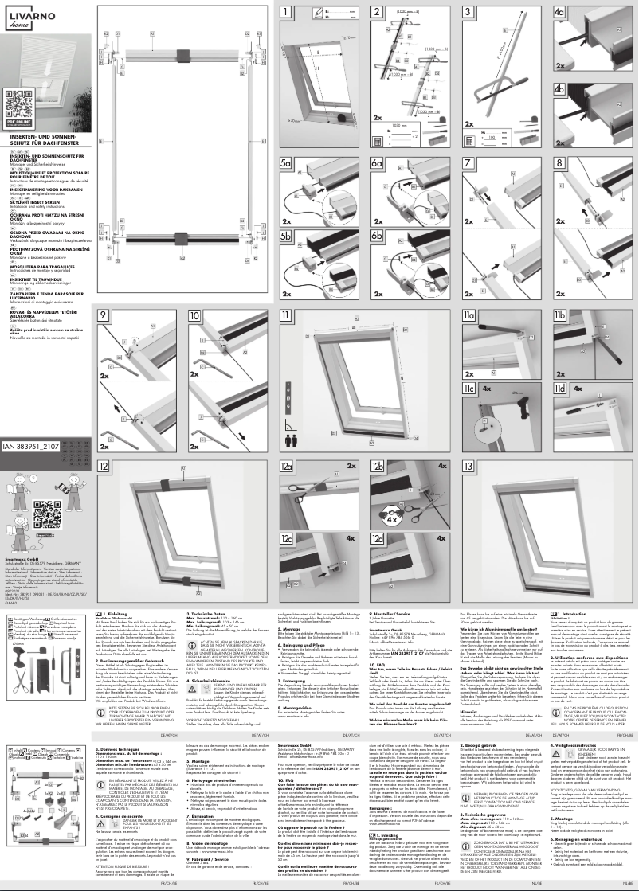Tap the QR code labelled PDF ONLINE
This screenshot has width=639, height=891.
(x=18, y=104)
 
